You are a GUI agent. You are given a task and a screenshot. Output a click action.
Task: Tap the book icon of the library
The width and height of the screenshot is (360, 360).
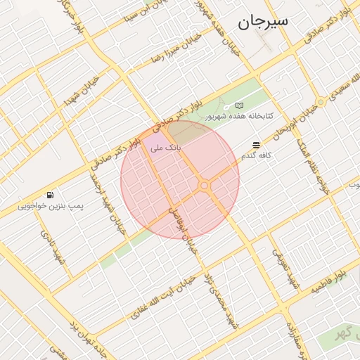tap(240, 105)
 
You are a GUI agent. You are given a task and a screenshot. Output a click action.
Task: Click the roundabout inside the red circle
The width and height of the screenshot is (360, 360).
tap(205, 186)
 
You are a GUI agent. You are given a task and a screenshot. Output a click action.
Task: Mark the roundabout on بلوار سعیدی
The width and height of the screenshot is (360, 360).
tap(321, 103)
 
